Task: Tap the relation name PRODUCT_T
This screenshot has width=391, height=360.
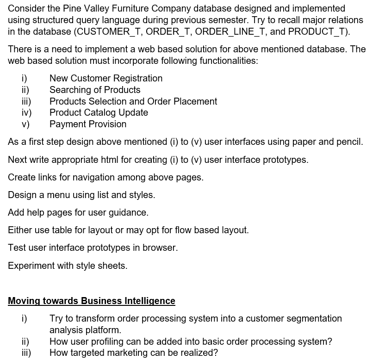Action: point(318,32)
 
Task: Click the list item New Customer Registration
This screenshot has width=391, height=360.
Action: point(106,78)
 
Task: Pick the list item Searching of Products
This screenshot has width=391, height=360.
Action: point(95,90)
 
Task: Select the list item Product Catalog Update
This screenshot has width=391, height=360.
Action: point(99,112)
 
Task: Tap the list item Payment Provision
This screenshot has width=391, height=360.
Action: point(88,124)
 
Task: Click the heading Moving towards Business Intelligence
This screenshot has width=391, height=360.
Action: point(92,301)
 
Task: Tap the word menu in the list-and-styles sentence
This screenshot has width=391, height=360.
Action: point(56,195)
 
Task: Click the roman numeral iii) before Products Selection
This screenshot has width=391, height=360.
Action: point(26,101)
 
